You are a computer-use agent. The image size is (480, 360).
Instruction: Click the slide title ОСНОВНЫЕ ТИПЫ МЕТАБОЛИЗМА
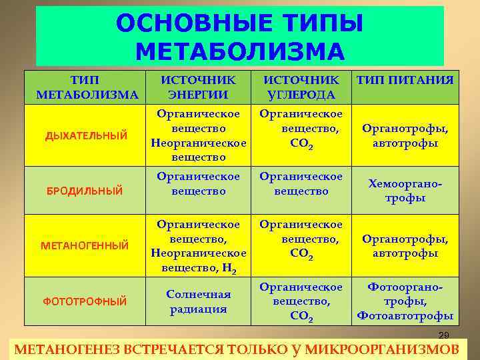pos(240,36)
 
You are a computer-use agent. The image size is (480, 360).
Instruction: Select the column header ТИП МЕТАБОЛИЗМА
pos(87,87)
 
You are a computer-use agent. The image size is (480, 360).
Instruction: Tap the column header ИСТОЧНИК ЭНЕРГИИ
pos(198,87)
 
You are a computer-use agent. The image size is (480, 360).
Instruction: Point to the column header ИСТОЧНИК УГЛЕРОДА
pos(301,87)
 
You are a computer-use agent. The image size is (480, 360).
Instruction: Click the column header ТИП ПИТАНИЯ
pos(405,80)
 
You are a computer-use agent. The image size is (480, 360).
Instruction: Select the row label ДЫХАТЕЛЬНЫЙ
pos(87,136)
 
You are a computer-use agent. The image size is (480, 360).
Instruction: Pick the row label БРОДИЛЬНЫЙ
pos(85,191)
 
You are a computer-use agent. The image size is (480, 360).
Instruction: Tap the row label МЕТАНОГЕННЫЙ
pos(87,246)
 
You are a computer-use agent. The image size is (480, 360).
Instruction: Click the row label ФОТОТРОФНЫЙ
pos(85,301)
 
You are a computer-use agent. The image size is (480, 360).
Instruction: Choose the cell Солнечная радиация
pos(198,301)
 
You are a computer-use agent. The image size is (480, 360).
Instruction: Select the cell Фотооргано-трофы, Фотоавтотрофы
pos(405,301)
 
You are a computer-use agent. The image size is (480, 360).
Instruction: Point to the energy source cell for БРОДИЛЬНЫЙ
pos(198,184)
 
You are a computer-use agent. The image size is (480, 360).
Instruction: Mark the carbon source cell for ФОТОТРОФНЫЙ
pos(301,301)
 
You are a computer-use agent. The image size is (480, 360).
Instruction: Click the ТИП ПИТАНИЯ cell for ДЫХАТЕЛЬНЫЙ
pos(405,136)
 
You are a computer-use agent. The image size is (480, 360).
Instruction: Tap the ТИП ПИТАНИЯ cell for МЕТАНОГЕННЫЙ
pos(405,246)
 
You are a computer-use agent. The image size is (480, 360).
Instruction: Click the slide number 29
pos(444,335)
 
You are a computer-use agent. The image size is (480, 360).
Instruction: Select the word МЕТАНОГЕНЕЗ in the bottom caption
pos(59,350)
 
